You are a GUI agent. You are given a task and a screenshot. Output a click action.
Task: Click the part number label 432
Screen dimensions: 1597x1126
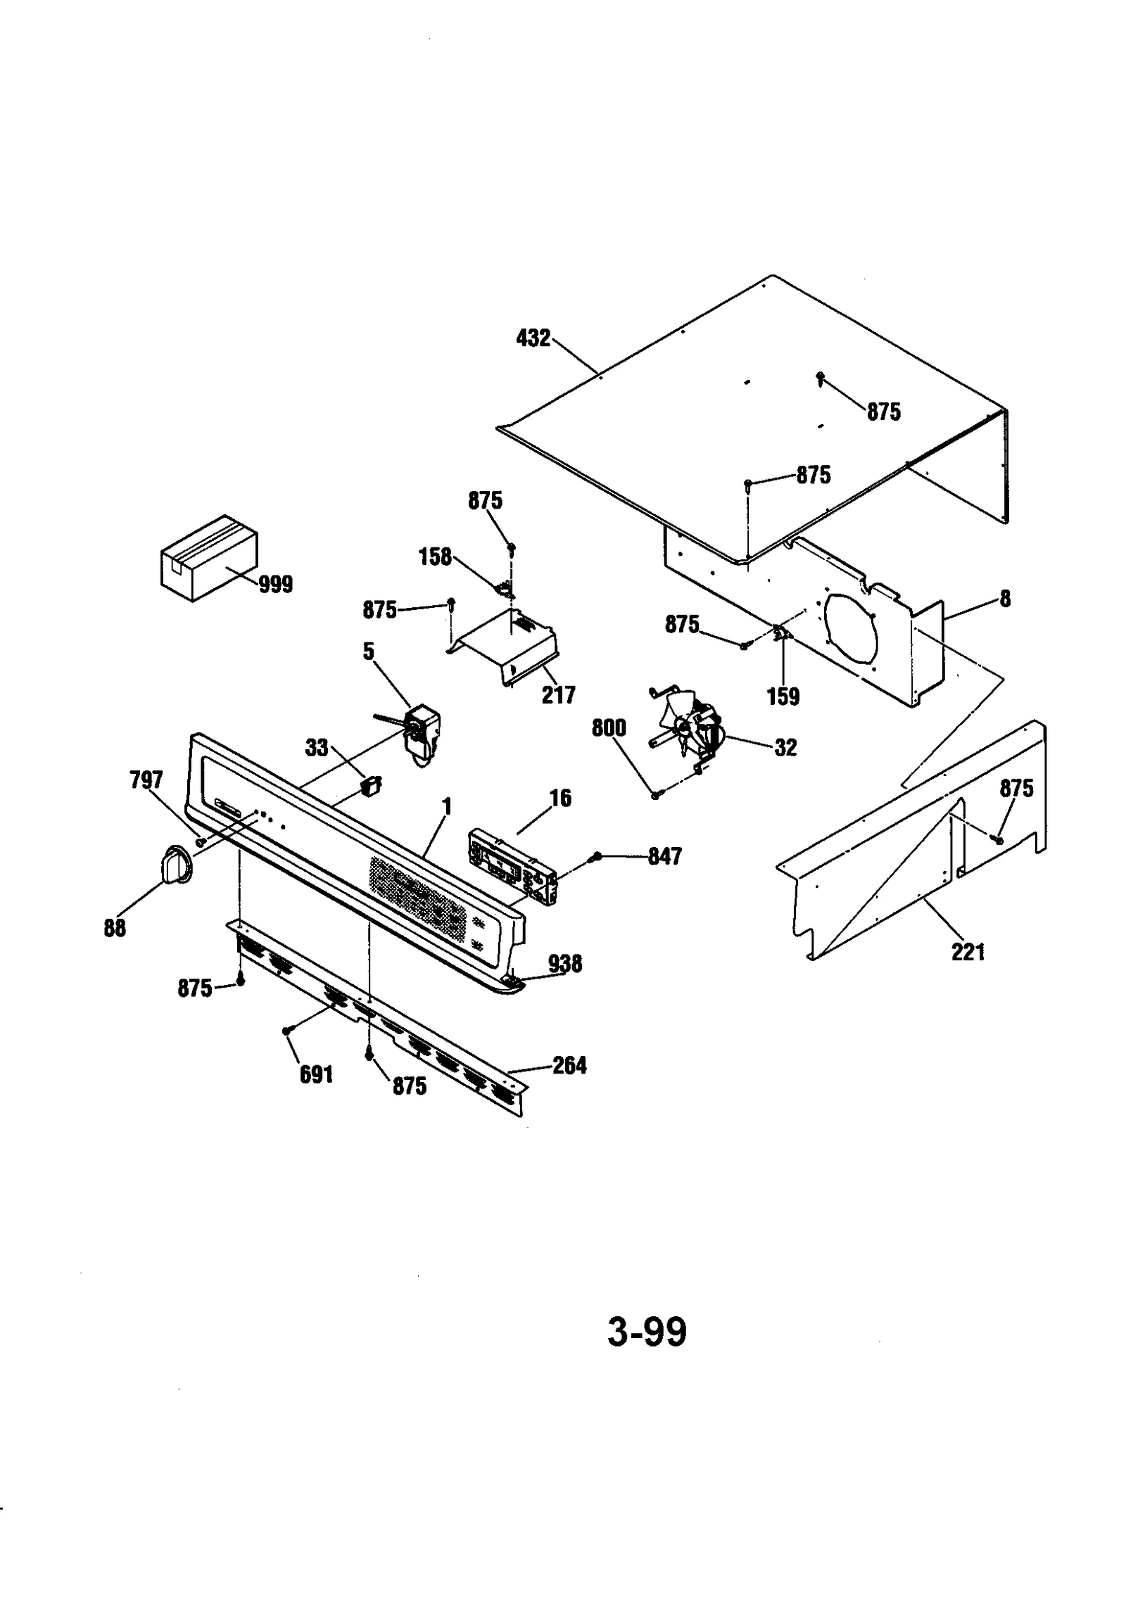(x=533, y=338)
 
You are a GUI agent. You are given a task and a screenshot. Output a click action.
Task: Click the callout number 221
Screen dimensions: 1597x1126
(x=968, y=953)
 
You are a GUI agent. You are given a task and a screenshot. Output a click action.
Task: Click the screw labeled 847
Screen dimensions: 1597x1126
(x=596, y=855)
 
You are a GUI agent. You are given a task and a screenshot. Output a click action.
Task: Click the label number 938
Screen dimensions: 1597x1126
(x=565, y=964)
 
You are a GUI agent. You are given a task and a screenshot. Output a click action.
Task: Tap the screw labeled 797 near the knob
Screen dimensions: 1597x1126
(x=201, y=840)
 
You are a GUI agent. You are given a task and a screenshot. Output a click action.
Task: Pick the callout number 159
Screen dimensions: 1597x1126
(x=783, y=696)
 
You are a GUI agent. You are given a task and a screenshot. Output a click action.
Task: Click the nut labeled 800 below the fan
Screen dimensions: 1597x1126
(x=655, y=795)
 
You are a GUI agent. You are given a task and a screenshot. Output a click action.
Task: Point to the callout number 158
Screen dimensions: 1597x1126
(x=434, y=556)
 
